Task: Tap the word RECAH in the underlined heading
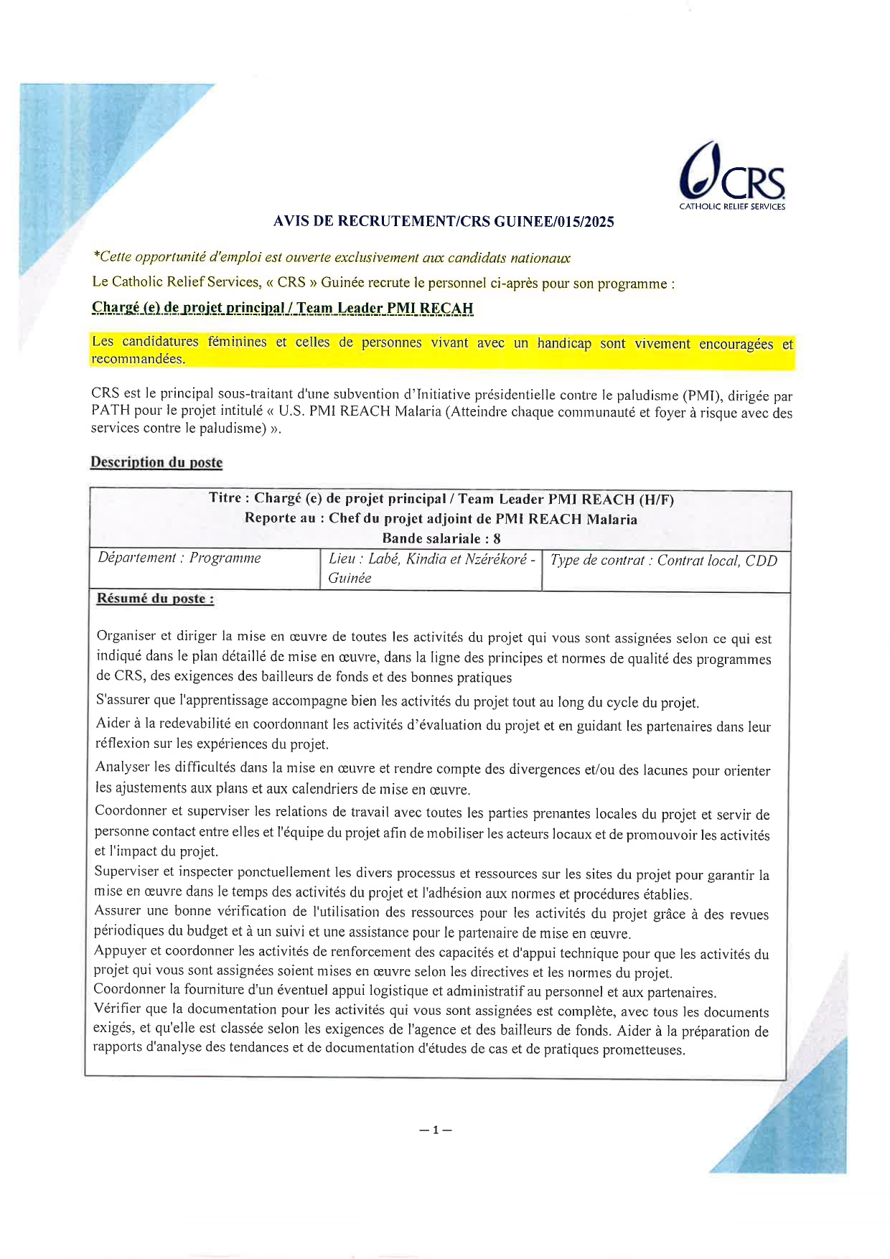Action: tap(446, 309)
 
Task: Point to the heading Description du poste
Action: tap(156, 462)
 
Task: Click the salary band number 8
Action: tap(497, 538)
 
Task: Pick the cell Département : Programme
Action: tap(179, 558)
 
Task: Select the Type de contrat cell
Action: tap(663, 561)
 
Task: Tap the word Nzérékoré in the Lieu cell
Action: tap(496, 559)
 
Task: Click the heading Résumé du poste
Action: tap(155, 599)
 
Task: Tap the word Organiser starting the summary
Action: tap(126, 636)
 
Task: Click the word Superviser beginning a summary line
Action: tap(126, 871)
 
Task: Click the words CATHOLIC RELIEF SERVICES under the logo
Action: tap(732, 207)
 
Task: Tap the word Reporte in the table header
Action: tap(270, 518)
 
